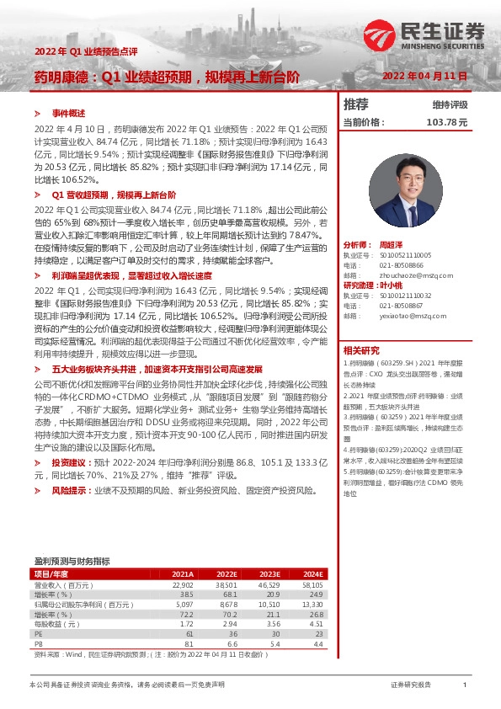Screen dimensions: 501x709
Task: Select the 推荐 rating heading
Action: tap(356, 104)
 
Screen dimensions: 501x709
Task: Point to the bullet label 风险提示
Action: tap(72, 489)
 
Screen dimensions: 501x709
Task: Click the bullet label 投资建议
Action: tap(72, 463)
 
